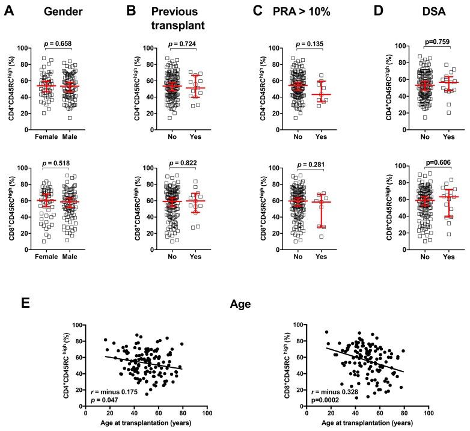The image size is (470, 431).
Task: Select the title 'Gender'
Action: pos(60,11)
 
